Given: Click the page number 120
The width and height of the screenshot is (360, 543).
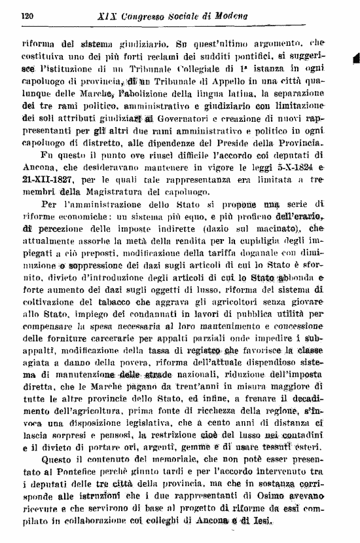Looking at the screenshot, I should [27, 15].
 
